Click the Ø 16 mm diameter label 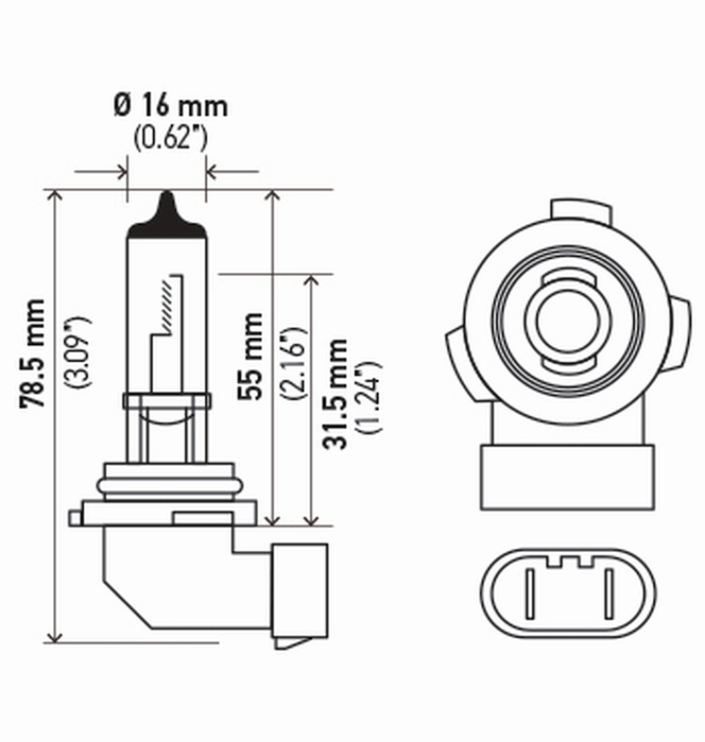(170, 107)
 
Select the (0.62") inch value (170, 137)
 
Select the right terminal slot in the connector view (608, 591)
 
